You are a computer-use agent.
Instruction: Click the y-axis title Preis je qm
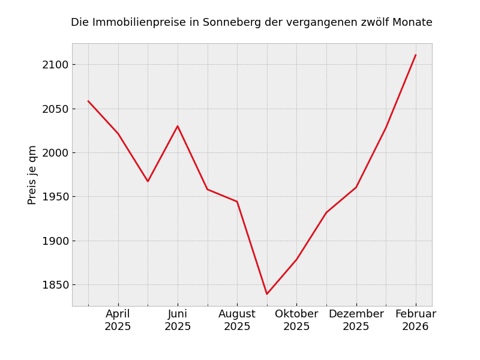32,175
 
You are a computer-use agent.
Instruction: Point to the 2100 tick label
55,65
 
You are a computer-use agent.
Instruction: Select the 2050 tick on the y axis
55,109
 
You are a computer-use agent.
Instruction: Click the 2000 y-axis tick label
55,153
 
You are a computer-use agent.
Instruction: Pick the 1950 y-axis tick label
55,197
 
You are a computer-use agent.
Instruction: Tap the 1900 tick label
55,241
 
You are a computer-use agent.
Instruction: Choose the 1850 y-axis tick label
55,285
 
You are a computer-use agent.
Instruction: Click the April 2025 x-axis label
118,320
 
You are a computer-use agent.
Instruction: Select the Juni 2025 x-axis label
178,320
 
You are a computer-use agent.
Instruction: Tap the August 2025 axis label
237,320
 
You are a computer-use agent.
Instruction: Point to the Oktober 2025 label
296,320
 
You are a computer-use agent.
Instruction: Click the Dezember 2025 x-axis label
356,320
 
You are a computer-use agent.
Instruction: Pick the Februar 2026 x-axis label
415,320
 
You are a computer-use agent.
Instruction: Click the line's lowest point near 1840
267,294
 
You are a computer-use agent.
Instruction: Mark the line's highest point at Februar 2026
415,55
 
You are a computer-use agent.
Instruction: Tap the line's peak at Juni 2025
178,126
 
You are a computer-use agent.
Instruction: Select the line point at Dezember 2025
356,187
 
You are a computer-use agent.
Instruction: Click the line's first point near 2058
88,101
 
